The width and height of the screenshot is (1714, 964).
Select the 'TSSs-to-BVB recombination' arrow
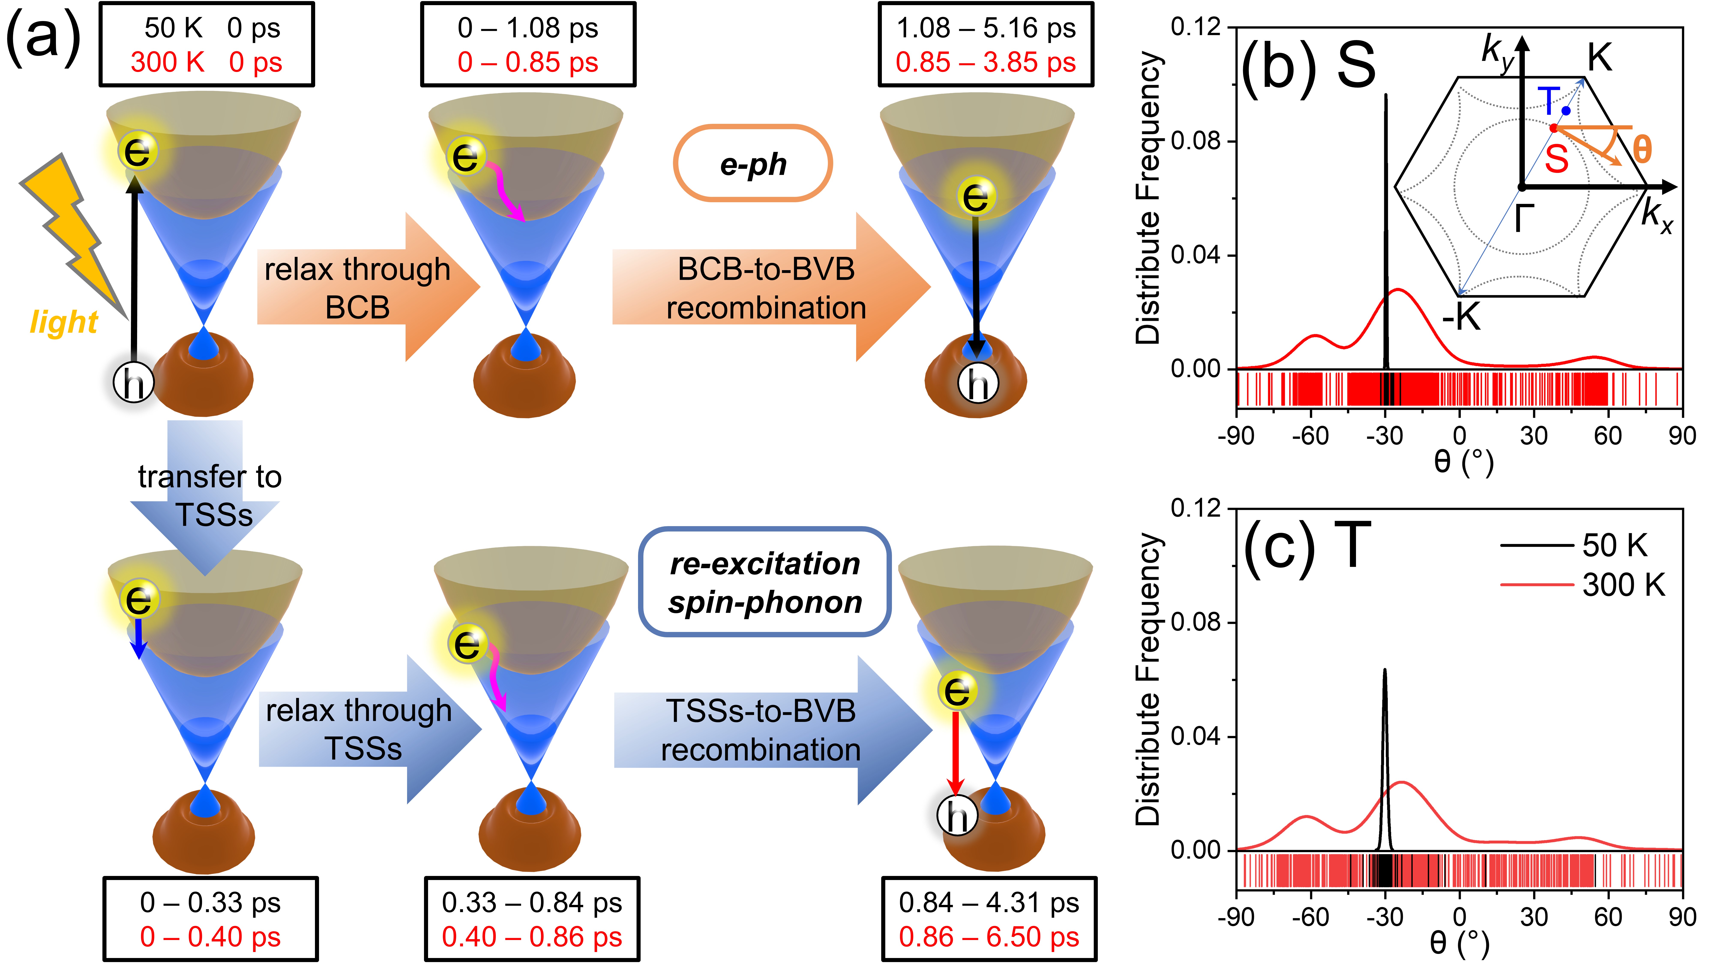point(772,730)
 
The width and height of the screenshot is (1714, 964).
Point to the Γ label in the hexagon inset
point(1524,218)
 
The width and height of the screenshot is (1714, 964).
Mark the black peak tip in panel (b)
point(1386,95)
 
